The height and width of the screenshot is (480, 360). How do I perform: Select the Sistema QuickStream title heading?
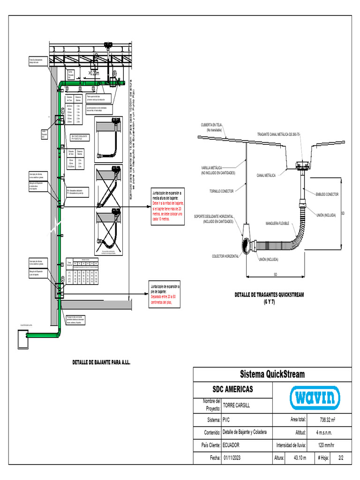click(x=272, y=374)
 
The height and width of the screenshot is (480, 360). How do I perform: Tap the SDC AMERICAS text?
click(x=232, y=389)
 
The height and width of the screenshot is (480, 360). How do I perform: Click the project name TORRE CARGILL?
click(x=237, y=405)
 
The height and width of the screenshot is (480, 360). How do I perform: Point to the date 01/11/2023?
click(x=232, y=457)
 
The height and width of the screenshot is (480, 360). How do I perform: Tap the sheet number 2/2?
click(x=340, y=457)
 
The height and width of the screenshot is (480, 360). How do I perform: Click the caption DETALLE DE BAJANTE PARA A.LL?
click(x=101, y=362)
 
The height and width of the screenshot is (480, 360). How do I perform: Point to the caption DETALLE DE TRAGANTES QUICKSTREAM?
click(x=269, y=295)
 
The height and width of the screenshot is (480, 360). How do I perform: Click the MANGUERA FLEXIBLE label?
click(x=277, y=223)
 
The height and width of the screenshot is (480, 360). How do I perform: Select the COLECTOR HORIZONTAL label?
click(x=225, y=256)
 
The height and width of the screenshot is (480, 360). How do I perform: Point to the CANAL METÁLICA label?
click(x=266, y=175)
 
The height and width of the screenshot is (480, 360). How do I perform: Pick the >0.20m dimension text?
click(x=94, y=74)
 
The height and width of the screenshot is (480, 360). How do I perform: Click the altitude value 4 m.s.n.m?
click(x=327, y=432)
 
